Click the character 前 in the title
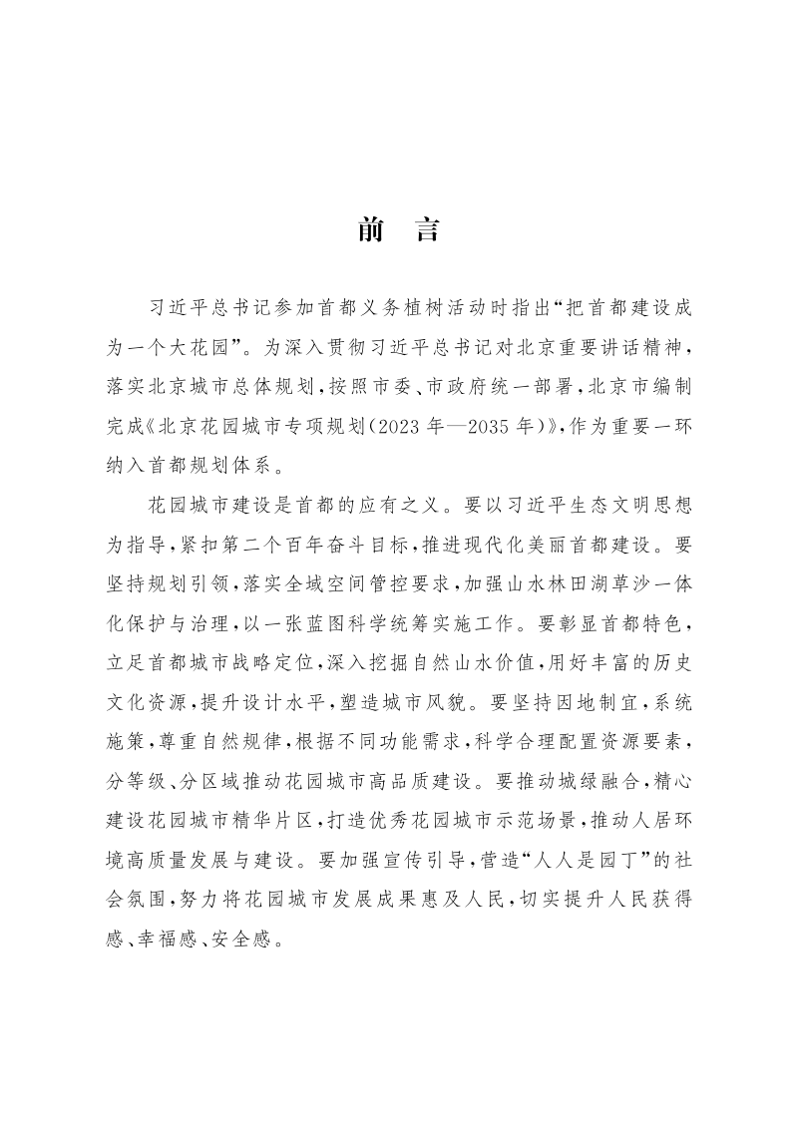tap(371, 231)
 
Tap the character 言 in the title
tap(427, 231)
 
